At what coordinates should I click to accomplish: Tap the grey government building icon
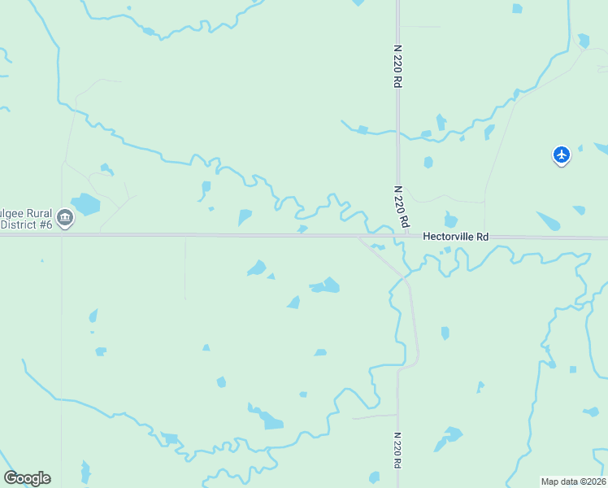click(x=66, y=217)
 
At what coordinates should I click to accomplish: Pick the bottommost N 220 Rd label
click(x=397, y=450)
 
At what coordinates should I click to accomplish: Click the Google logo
click(x=28, y=478)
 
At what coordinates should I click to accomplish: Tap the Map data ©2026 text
click(x=573, y=481)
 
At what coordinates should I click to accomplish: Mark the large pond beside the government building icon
click(x=85, y=203)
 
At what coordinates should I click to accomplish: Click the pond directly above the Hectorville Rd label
click(x=451, y=220)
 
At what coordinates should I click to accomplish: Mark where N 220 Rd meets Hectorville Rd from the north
click(x=399, y=237)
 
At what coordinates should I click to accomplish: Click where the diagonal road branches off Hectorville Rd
click(x=360, y=237)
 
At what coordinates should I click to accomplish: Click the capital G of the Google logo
click(x=11, y=478)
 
